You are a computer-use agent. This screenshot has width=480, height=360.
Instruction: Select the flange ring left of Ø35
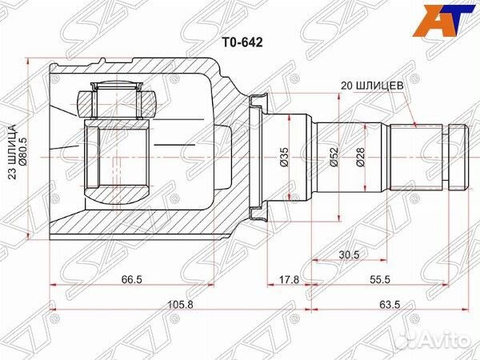click(255, 157)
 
